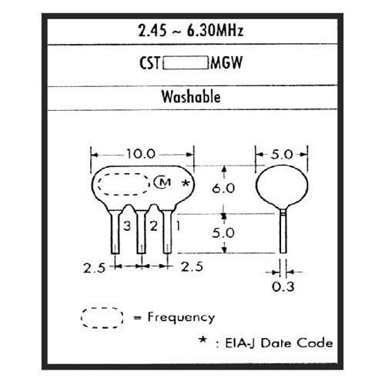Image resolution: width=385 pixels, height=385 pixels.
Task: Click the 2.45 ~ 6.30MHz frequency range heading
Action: pos(191,31)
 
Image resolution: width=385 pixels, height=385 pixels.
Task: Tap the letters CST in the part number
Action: pos(149,63)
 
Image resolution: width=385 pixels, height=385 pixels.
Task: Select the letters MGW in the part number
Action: pos(226,63)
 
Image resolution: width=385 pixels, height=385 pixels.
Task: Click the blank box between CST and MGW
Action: pos(186,63)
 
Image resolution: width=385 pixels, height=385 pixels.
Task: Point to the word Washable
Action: pos(191,97)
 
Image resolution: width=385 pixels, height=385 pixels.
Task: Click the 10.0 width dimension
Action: pos(141,154)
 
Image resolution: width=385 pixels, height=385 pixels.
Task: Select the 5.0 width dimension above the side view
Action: pos(282,155)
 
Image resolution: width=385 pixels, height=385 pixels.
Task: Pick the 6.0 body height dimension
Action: pos(223,189)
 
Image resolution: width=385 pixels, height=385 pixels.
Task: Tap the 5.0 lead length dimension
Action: pos(223,233)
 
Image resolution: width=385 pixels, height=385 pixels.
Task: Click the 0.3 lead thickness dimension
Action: pos(283,286)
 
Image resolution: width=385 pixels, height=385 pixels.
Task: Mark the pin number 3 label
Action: pos(127,226)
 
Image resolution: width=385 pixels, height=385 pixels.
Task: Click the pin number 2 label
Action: pos(153,226)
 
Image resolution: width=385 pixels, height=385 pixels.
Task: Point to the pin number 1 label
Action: pos(178,226)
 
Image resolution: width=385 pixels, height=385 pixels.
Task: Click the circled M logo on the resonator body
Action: pos(162,182)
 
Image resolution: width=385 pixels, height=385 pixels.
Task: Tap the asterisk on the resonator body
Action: pos(186,183)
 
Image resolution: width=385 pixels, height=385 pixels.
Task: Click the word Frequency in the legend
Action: pos(181,318)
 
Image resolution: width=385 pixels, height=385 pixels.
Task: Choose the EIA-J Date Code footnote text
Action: pos(279,343)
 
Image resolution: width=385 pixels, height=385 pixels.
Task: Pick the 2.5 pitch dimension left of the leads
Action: pos(94,269)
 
